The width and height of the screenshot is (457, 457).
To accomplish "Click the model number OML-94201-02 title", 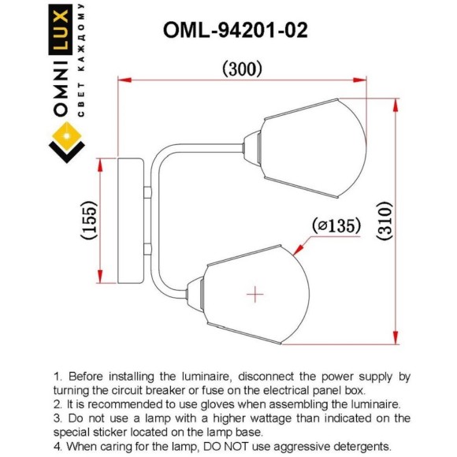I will (x=235, y=30).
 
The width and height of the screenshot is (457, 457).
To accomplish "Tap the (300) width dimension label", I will (x=242, y=69).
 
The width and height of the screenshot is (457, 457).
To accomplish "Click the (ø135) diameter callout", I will (x=336, y=226).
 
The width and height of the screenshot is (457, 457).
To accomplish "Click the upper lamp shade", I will (x=315, y=148).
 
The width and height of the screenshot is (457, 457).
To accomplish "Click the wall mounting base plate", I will (x=131, y=221).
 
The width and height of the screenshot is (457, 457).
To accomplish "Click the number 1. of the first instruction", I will (x=58, y=377).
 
